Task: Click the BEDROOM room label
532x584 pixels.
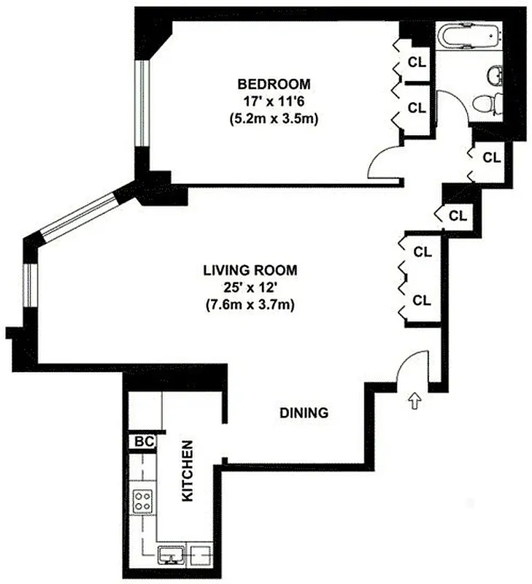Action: coord(274,82)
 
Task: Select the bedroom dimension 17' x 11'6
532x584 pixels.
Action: coord(274,100)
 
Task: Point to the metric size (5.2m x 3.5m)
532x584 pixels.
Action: coord(274,118)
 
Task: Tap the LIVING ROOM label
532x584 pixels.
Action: coord(250,270)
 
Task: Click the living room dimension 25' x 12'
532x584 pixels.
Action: coord(250,288)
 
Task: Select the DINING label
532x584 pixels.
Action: coord(304,413)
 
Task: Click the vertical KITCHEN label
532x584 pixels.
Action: coord(187,470)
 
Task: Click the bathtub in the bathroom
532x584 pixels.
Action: coord(470,36)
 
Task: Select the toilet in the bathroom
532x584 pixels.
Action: coord(487,104)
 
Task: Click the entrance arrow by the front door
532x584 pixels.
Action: coord(416,400)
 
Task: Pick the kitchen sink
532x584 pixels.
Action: coord(172,556)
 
